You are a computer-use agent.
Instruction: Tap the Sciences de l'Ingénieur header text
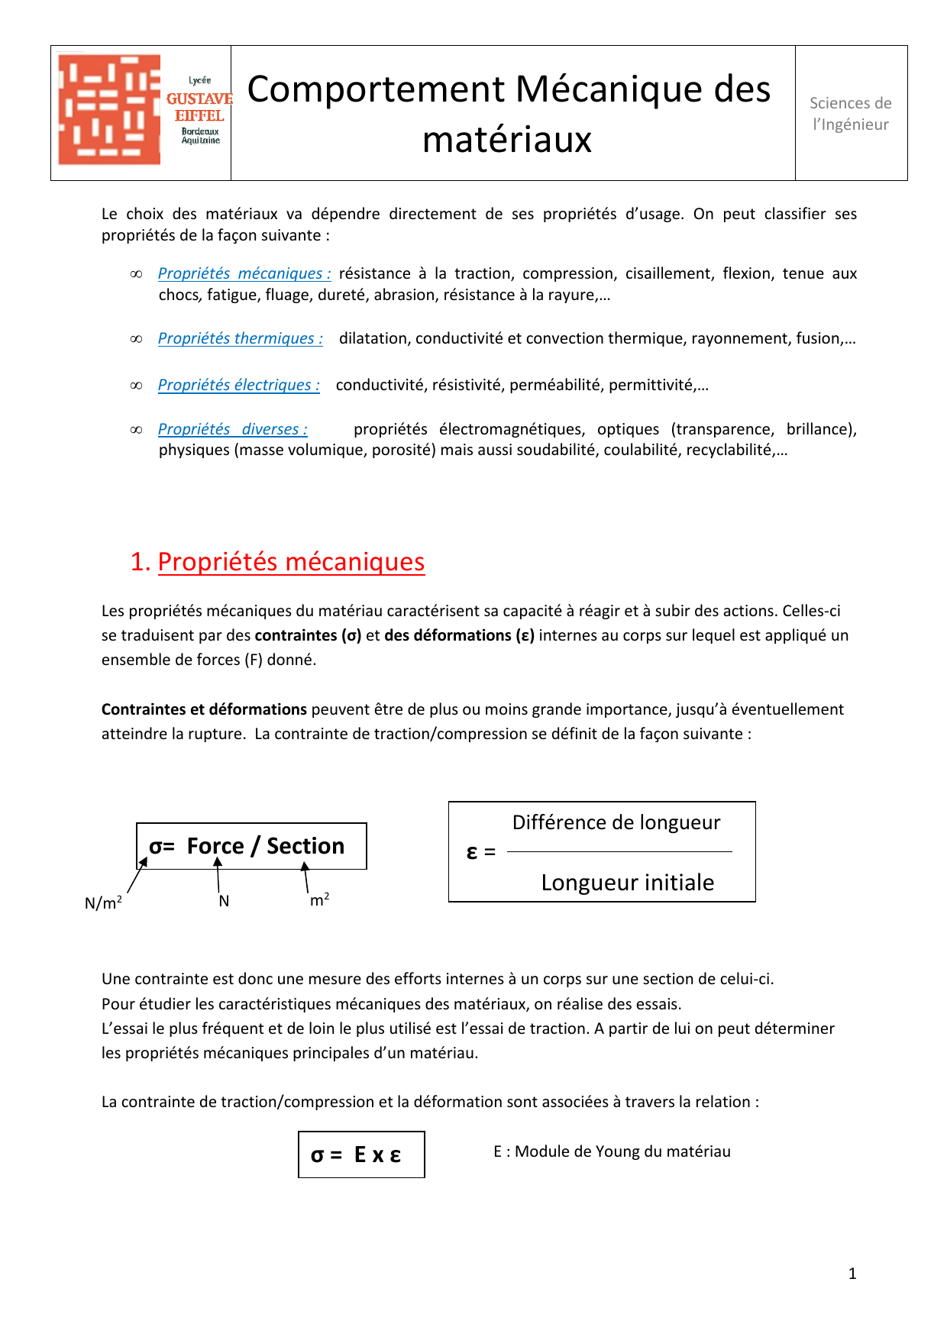[x=850, y=114]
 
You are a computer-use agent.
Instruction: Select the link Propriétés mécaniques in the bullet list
[x=244, y=273]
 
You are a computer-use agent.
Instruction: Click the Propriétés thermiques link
[x=240, y=338]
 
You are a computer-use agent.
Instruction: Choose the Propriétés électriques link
[x=238, y=385]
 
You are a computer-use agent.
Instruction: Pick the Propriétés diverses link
[x=232, y=429]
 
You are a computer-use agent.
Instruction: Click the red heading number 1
[x=140, y=562]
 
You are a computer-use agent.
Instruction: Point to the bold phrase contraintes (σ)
[x=308, y=635]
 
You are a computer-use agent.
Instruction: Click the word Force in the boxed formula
[x=215, y=846]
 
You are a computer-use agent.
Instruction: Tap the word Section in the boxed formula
[x=305, y=846]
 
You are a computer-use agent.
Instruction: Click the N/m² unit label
[x=103, y=902]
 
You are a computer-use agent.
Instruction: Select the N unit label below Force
[x=224, y=901]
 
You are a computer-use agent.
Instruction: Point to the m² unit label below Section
[x=319, y=900]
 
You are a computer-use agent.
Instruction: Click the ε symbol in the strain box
[x=472, y=852]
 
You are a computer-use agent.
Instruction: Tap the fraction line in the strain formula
[x=619, y=851]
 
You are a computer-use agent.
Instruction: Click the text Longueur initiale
[x=627, y=883]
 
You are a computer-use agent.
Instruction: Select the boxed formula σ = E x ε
[x=361, y=1154]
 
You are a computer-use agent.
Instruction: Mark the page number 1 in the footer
[x=852, y=1274]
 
